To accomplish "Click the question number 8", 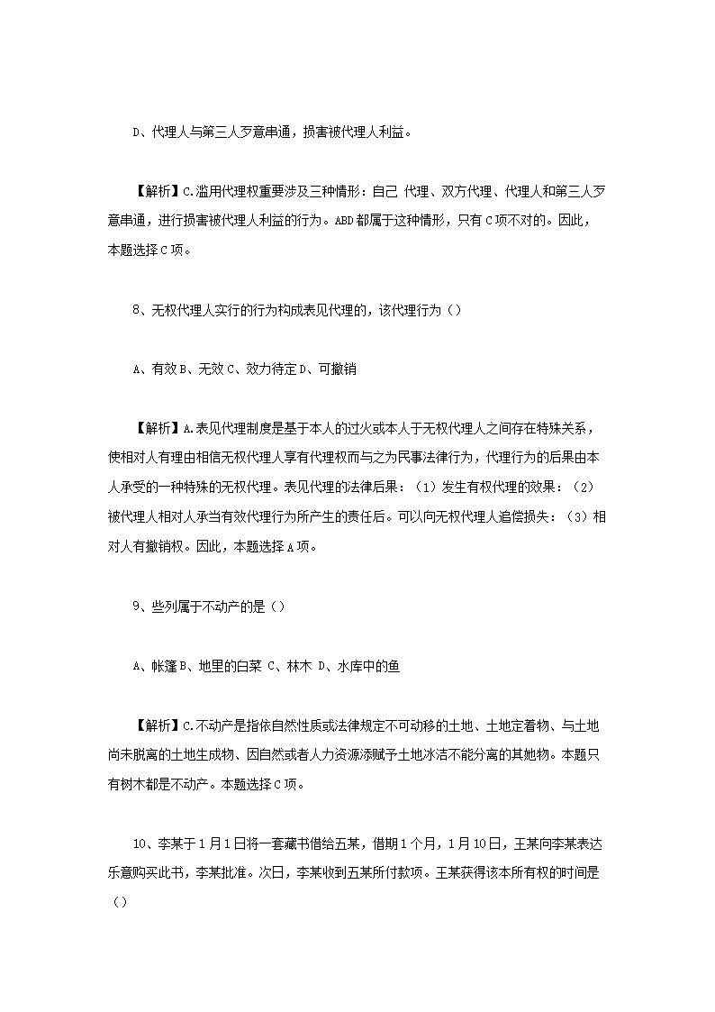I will pos(136,310).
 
